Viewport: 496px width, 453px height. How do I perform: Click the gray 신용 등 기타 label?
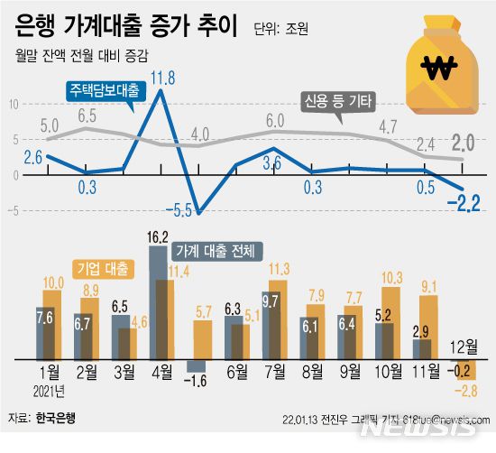(336, 99)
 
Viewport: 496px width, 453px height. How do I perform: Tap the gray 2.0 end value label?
(464, 143)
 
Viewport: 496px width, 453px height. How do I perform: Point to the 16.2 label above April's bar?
(156, 238)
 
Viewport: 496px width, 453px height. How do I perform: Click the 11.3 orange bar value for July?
(279, 268)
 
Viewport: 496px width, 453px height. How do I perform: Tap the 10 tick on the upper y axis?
(13, 105)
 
